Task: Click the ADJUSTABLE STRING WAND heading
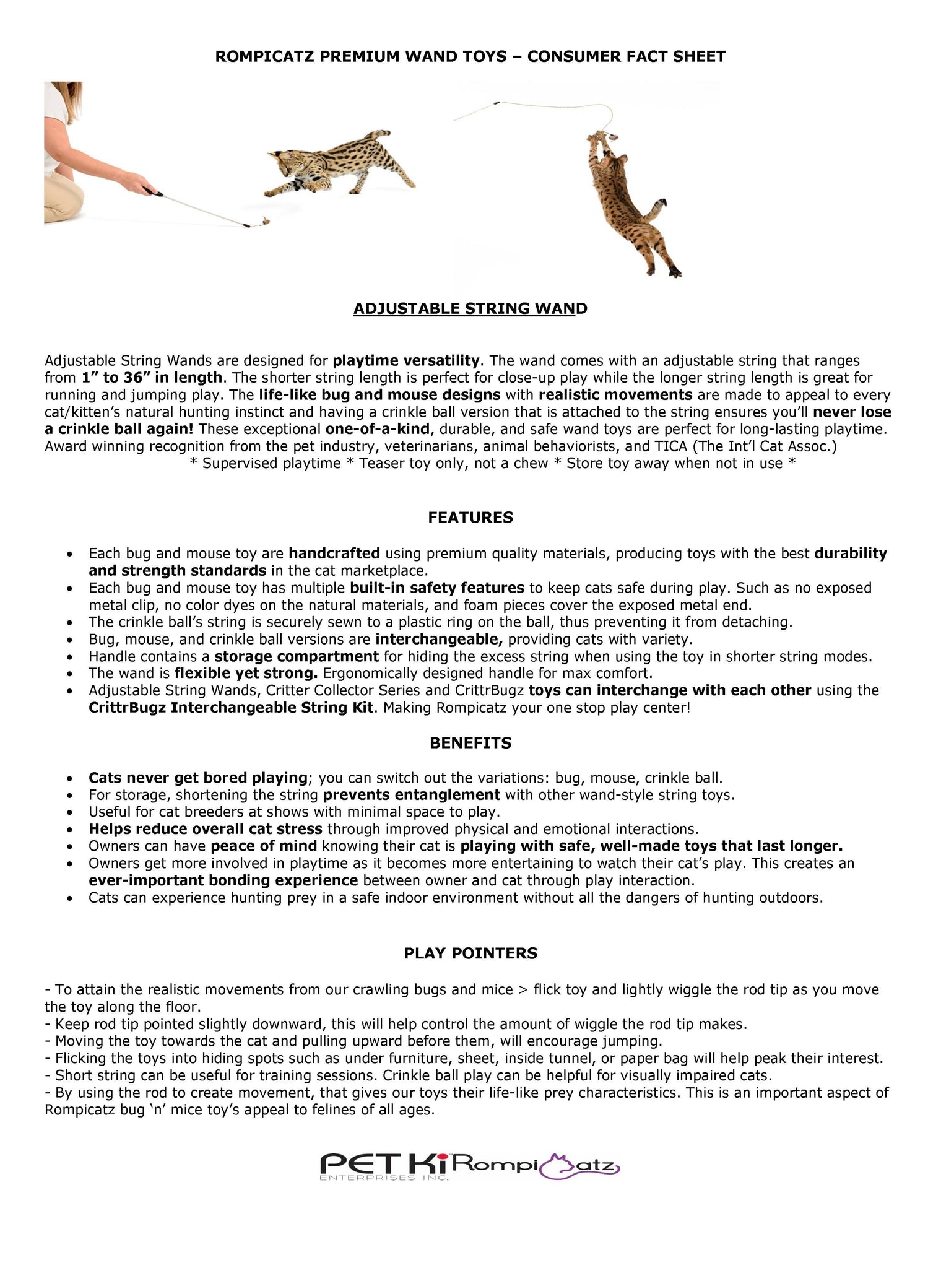(x=470, y=308)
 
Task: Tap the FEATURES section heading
(x=470, y=518)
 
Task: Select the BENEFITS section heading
(x=470, y=743)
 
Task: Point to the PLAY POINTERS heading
(x=470, y=953)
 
